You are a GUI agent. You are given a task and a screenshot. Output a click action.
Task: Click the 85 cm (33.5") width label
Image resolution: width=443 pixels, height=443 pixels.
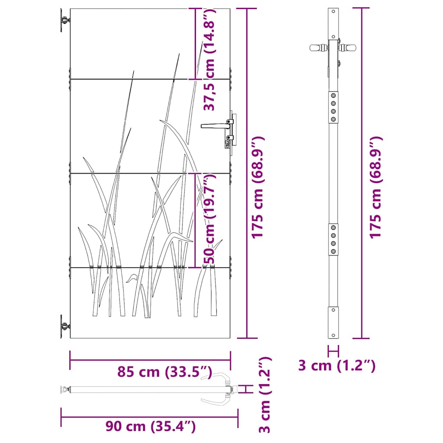click(165, 372)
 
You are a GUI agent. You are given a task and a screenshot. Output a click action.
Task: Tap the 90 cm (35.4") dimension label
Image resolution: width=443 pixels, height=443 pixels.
click(151, 426)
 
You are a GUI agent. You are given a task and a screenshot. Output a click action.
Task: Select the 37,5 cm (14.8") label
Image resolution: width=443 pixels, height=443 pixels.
click(209, 59)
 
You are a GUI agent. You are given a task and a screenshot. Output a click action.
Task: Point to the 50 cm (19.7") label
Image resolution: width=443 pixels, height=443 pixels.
click(209, 218)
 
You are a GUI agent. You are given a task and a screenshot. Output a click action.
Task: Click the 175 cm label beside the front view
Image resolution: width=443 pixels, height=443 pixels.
click(258, 188)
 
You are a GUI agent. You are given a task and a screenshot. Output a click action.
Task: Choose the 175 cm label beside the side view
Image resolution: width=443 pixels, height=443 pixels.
click(376, 188)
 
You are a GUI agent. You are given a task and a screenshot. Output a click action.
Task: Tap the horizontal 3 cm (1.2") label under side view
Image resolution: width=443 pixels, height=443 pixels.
click(337, 365)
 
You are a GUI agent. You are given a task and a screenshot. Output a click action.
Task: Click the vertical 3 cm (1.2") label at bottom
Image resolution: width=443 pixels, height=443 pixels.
click(265, 395)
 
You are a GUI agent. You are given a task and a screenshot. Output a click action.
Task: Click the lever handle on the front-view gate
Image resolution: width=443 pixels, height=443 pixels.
click(217, 125)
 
